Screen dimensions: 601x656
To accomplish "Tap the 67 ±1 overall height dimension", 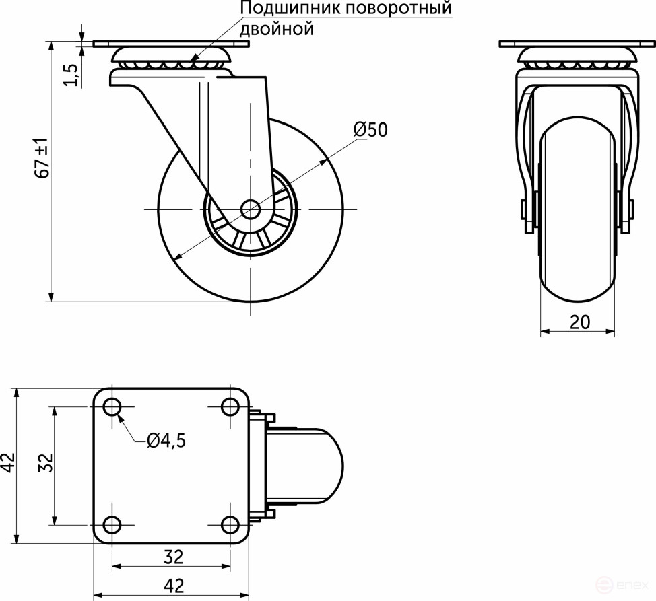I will [42, 159].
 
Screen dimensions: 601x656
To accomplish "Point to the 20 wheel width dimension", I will [579, 322].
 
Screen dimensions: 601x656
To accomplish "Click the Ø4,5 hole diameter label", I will [165, 441].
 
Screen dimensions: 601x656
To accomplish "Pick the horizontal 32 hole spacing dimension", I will [173, 557].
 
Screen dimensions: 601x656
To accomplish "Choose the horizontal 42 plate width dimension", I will [173, 586].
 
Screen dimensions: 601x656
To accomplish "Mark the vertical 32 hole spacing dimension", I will [45, 464].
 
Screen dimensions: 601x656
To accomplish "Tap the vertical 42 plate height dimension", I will [7, 464].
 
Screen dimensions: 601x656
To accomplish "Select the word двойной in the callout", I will [277, 29].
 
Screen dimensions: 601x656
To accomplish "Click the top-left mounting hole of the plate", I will [112, 406].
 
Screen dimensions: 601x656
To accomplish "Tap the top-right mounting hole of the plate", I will [230, 406].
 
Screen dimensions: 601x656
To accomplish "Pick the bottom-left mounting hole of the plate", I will [112, 524].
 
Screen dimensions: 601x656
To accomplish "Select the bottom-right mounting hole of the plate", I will [230, 524].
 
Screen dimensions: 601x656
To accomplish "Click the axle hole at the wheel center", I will [251, 209].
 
